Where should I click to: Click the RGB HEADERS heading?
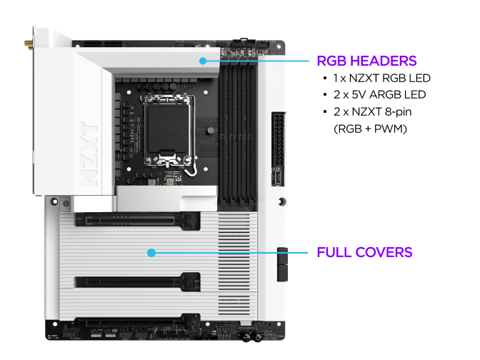366,61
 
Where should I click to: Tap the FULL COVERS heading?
364,253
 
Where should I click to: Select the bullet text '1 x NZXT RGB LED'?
382,79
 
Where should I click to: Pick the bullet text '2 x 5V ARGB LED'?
379,95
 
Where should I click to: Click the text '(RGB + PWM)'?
370,129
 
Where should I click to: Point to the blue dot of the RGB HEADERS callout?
203,61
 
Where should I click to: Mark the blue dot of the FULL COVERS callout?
151,253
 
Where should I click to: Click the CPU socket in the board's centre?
168,129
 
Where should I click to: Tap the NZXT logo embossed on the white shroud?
89,154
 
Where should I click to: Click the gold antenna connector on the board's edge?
29,45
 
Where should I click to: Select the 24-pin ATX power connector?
279,139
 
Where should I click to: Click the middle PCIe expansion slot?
138,281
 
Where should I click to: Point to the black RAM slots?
238,132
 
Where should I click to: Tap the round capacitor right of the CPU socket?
211,131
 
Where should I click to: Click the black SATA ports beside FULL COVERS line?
282,264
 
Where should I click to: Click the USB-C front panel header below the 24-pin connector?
277,178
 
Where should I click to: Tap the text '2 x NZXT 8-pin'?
373,112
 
